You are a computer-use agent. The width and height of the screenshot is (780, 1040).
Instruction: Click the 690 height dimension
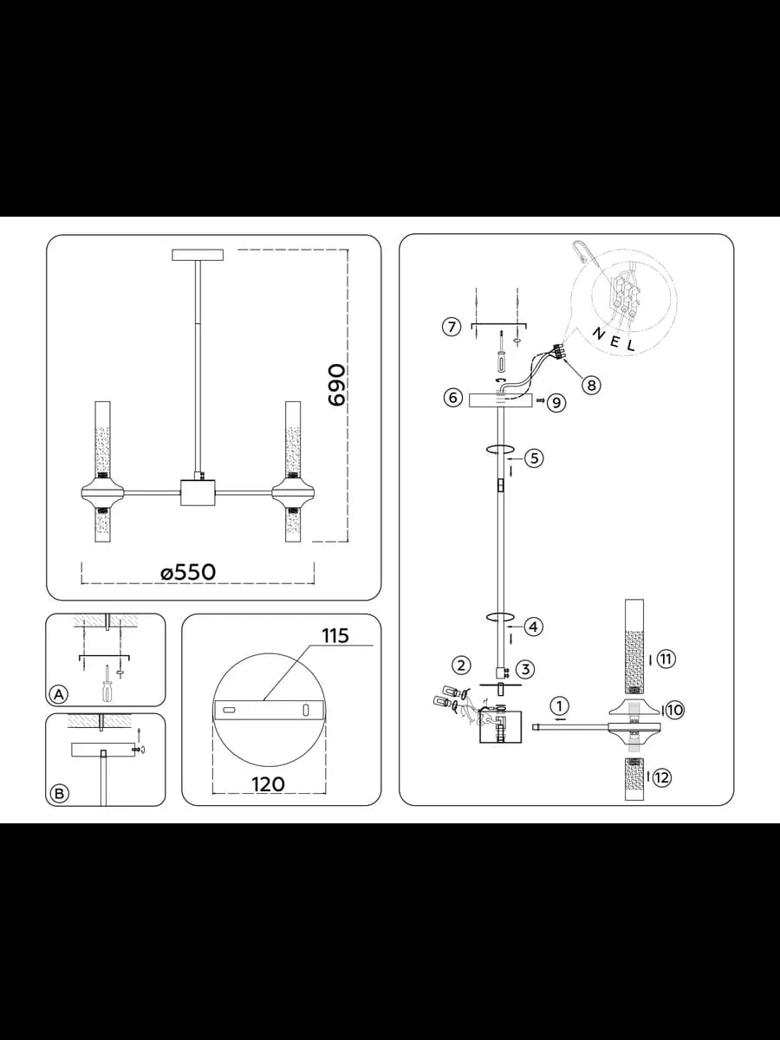pyautogui.click(x=337, y=384)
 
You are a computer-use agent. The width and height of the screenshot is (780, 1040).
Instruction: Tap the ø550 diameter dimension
pyautogui.click(x=188, y=572)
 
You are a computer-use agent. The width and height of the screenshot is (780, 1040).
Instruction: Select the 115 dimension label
pyautogui.click(x=335, y=635)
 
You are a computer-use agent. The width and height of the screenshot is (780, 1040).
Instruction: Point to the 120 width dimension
pyautogui.click(x=268, y=784)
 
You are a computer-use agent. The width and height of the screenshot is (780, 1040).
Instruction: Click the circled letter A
pyautogui.click(x=59, y=694)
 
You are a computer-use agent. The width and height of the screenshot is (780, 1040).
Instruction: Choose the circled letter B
pyautogui.click(x=59, y=793)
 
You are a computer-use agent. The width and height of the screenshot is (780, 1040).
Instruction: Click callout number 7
pyautogui.click(x=452, y=327)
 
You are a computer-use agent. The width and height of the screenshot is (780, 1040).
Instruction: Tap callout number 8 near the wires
pyautogui.click(x=592, y=385)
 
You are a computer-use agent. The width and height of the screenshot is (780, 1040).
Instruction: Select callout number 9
pyautogui.click(x=557, y=402)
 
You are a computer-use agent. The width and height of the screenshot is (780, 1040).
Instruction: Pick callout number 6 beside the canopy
pyautogui.click(x=452, y=397)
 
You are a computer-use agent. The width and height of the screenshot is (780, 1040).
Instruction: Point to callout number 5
pyautogui.click(x=534, y=458)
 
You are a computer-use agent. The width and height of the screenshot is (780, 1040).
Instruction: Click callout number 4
pyautogui.click(x=533, y=627)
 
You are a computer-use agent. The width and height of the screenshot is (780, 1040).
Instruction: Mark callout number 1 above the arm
pyautogui.click(x=559, y=706)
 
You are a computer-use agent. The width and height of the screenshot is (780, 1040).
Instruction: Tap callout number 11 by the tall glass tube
pyautogui.click(x=666, y=659)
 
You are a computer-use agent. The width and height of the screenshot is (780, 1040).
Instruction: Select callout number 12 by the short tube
pyautogui.click(x=661, y=777)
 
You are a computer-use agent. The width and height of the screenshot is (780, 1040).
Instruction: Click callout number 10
pyautogui.click(x=674, y=710)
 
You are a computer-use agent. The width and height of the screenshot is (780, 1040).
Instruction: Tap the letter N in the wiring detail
pyautogui.click(x=599, y=335)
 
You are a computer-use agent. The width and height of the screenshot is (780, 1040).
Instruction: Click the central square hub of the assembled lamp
pyautogui.click(x=198, y=493)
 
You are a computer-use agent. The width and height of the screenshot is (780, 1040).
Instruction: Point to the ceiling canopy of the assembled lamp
pyautogui.click(x=198, y=255)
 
